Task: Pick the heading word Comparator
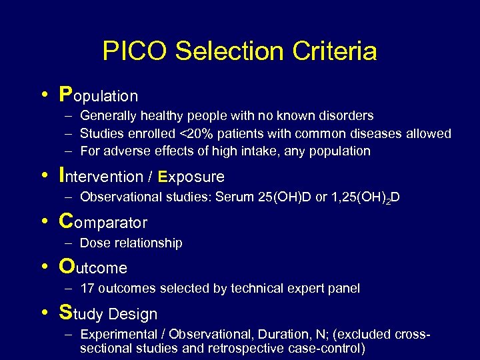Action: tap(103, 221)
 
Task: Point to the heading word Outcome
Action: tap(93, 267)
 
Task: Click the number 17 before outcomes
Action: tap(87, 289)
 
